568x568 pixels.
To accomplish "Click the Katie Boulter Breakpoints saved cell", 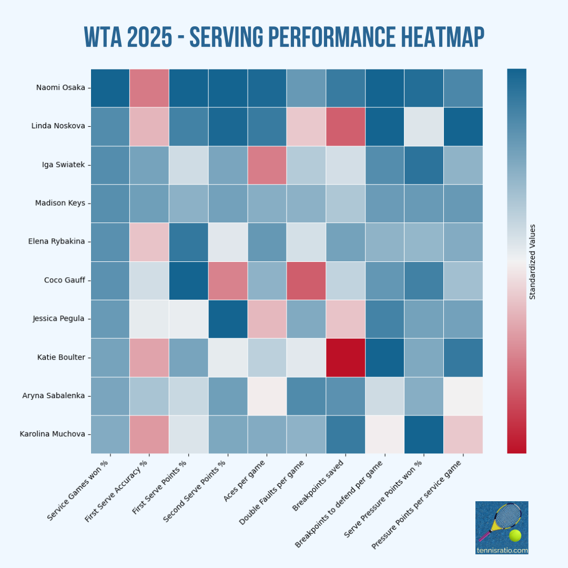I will click(x=346, y=357).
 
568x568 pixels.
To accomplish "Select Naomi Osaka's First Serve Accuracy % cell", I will click(x=149, y=88).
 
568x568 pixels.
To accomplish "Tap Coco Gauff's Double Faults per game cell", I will click(x=306, y=280).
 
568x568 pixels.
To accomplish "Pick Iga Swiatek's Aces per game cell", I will click(x=267, y=165).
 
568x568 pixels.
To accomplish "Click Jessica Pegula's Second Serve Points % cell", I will click(x=228, y=319).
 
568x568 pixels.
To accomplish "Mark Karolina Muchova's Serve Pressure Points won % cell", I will click(x=424, y=434).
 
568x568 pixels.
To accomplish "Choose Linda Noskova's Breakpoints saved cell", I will click(x=346, y=126).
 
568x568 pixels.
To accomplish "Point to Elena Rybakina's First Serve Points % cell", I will click(x=189, y=242).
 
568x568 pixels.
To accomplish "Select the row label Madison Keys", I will click(x=60, y=203).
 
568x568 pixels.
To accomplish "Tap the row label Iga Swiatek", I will click(x=63, y=165).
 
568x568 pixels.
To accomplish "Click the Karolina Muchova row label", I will click(x=52, y=434).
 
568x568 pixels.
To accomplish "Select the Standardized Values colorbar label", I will click(x=532, y=261).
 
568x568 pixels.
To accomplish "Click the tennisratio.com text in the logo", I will click(x=502, y=550).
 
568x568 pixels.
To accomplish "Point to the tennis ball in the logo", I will click(x=515, y=535).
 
